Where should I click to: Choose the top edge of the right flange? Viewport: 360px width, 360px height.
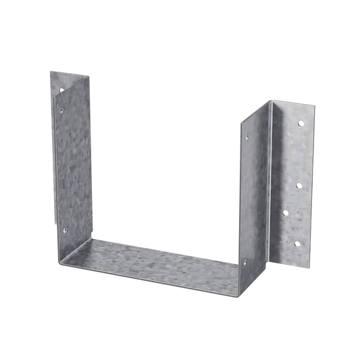(x=294, y=101)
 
